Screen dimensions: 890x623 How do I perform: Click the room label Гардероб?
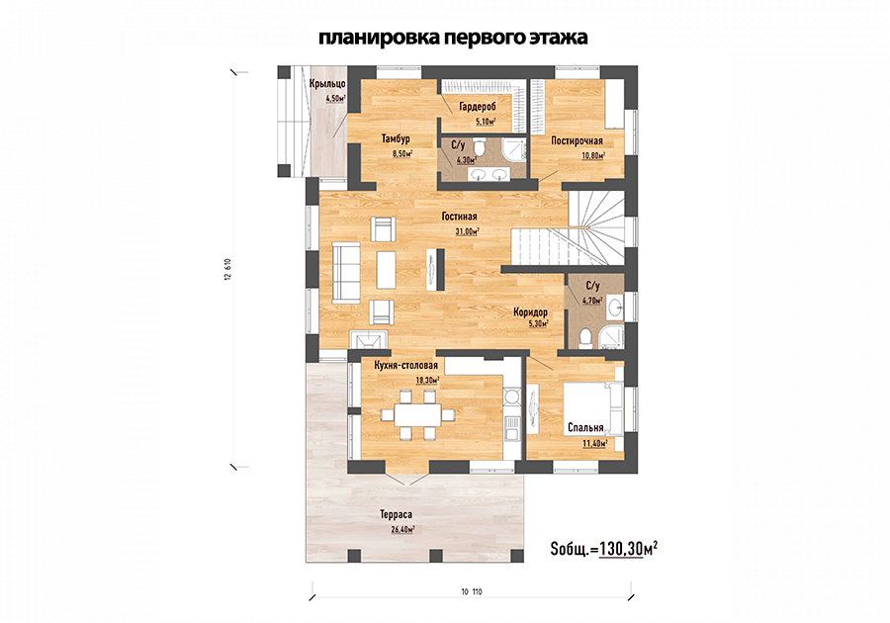478,106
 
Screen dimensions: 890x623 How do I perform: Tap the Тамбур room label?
396,139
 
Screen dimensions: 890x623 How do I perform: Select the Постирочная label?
577,140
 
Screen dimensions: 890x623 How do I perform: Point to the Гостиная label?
459,217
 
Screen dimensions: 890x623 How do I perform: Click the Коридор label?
530,312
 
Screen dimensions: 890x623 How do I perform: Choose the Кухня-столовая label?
405,366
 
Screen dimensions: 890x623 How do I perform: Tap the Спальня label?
585,428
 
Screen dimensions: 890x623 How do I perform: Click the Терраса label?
397,514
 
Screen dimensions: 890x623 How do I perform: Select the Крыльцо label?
327,84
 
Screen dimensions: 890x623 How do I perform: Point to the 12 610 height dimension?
228,269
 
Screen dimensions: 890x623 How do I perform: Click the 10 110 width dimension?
472,591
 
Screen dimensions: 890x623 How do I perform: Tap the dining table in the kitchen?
417,414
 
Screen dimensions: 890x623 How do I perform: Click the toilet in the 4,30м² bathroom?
481,147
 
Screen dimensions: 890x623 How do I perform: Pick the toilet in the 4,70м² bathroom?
584,338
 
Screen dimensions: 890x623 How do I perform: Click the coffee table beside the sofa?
386,270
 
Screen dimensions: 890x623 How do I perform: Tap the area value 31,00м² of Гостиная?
467,231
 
